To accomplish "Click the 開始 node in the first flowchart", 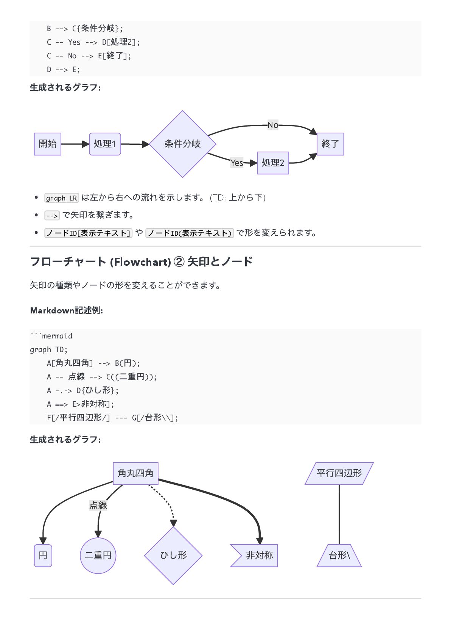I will coord(48,144).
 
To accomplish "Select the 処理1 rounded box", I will coord(105,144).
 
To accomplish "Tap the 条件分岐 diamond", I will coord(182,144).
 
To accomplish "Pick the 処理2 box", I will coord(273,163).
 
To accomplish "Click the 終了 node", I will coord(330,144).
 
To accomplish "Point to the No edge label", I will coord(273,125).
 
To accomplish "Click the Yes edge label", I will coord(237,163).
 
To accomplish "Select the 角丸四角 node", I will coord(135,473).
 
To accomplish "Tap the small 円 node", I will coord(43,556).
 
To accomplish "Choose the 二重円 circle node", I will coord(98,556).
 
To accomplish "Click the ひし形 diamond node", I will coord(173,556).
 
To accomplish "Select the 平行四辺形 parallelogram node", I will coord(339,473).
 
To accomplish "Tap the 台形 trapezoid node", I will coord(339,556).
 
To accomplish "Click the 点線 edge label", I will coord(98,505).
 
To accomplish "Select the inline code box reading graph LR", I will coord(61,198).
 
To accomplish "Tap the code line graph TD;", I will coord(48,350).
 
